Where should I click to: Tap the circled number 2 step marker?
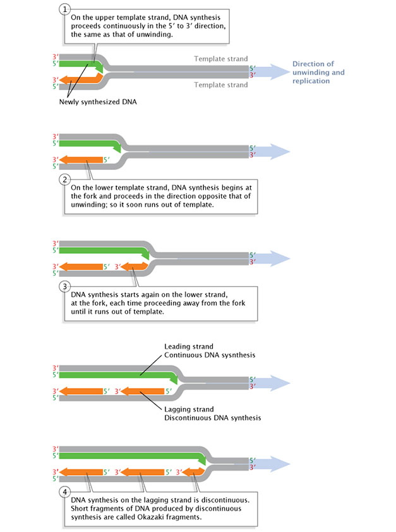[x=63, y=179]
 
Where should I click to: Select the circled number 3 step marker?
[x=63, y=286]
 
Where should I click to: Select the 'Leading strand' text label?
[x=188, y=346]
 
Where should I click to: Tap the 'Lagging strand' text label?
[x=188, y=409]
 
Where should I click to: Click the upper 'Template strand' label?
[x=220, y=59]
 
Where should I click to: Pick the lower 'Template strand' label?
[x=220, y=84]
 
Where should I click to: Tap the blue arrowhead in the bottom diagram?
[x=280, y=464]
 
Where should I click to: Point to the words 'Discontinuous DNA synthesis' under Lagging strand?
[x=212, y=418]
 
